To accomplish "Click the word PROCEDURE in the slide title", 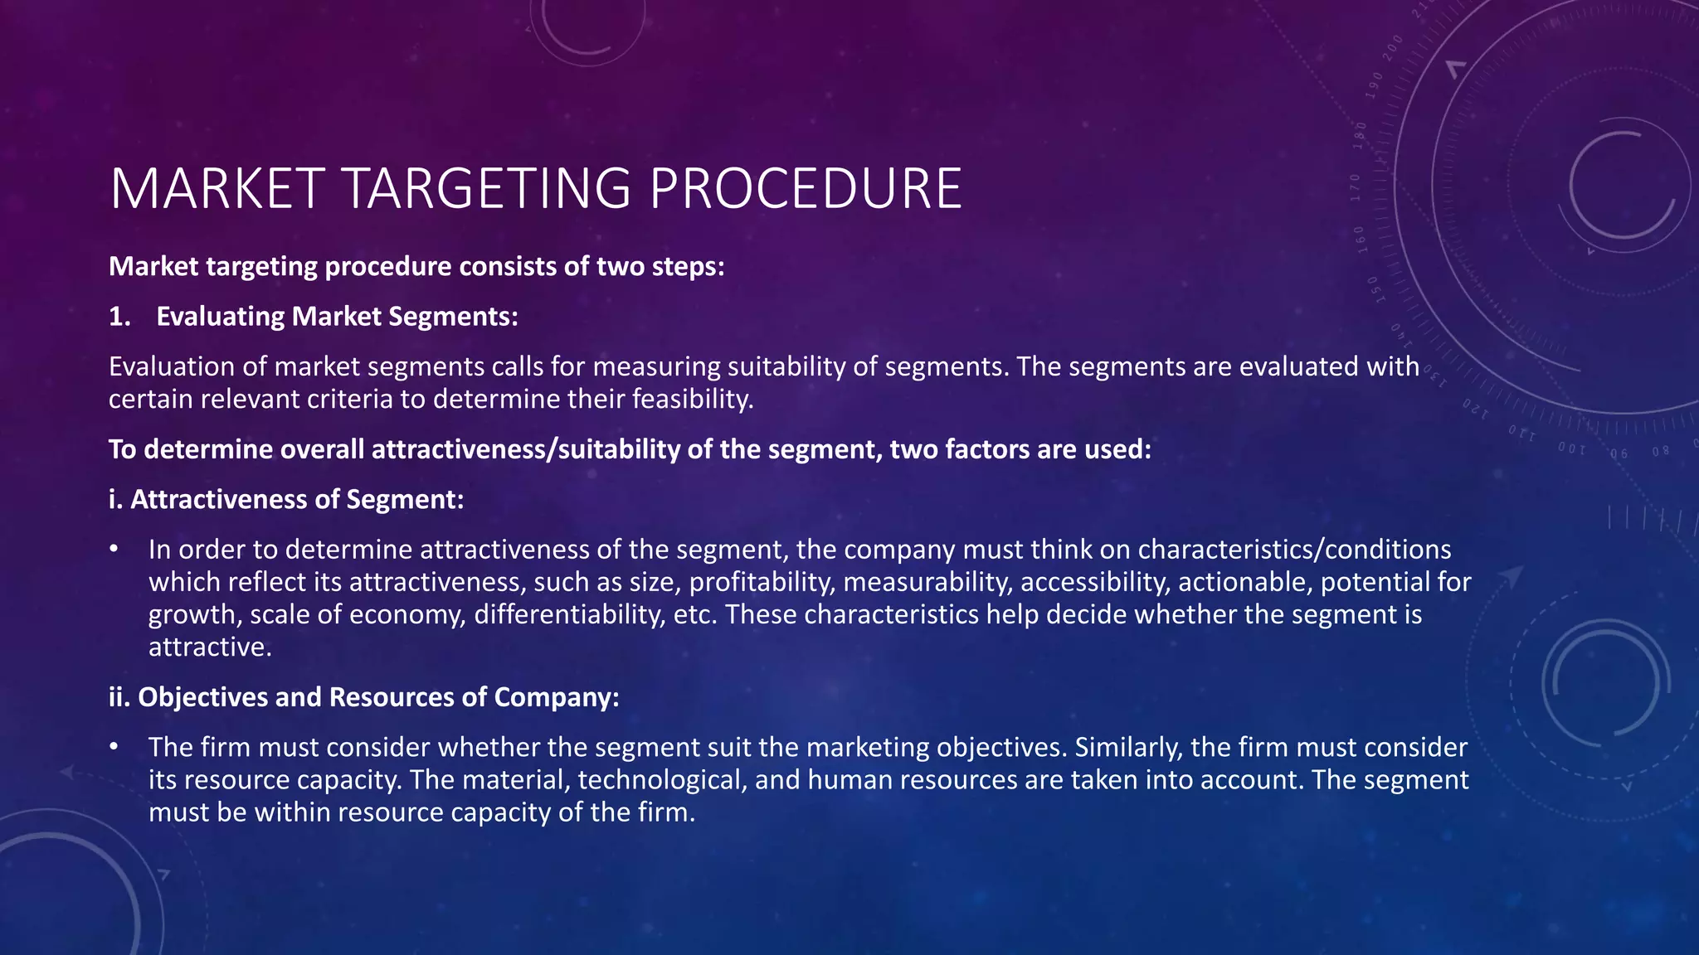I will [x=805, y=189].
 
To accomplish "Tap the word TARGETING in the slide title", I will [x=486, y=189].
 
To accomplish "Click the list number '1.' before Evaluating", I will [x=120, y=317].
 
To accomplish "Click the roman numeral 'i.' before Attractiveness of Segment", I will [x=115, y=499].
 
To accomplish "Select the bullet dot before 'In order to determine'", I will [x=114, y=550].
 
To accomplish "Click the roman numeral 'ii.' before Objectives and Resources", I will [x=119, y=697].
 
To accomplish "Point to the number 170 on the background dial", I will [x=1355, y=188].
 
